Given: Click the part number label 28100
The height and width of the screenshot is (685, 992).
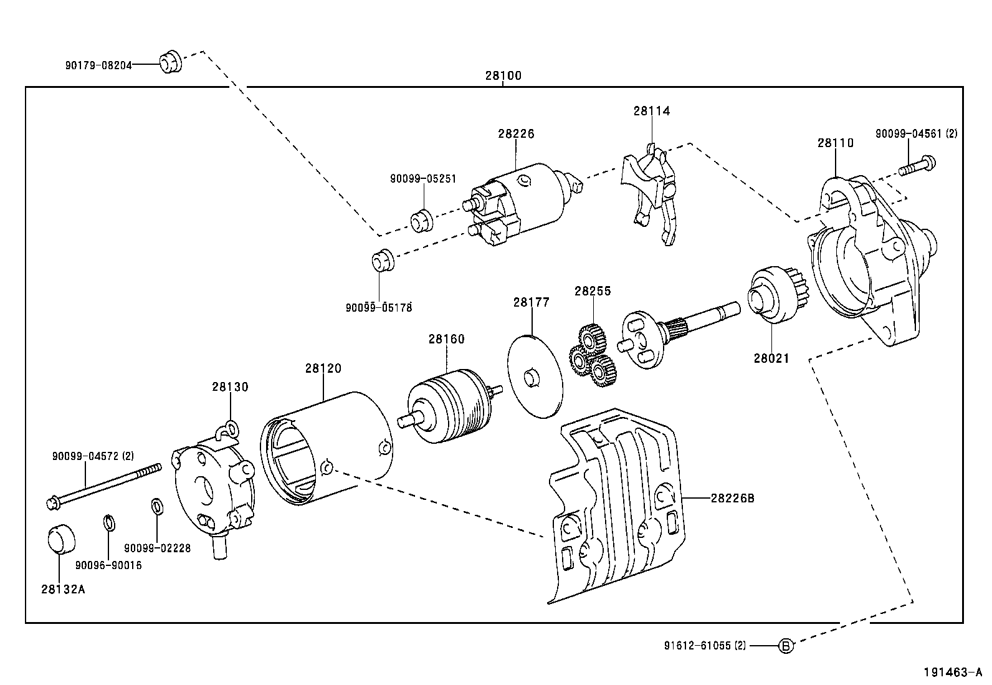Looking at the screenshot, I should tap(503, 76).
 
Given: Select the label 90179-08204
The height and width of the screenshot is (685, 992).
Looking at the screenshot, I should tap(98, 64).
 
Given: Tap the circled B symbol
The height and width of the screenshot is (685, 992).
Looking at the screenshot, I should tap(786, 646).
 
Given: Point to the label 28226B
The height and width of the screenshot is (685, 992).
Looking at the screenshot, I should tap(732, 499).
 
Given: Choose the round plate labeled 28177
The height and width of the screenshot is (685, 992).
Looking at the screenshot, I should tap(535, 376).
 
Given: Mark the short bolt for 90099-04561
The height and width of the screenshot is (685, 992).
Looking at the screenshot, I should tap(918, 166).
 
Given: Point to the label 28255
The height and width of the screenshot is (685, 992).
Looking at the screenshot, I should tap(593, 291).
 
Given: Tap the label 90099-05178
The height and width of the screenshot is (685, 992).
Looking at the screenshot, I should tap(379, 307).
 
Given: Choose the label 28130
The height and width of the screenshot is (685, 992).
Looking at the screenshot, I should tap(230, 387).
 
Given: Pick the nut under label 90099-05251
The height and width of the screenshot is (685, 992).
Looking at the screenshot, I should tap(421, 221).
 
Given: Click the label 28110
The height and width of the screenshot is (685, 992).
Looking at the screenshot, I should tap(836, 143).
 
